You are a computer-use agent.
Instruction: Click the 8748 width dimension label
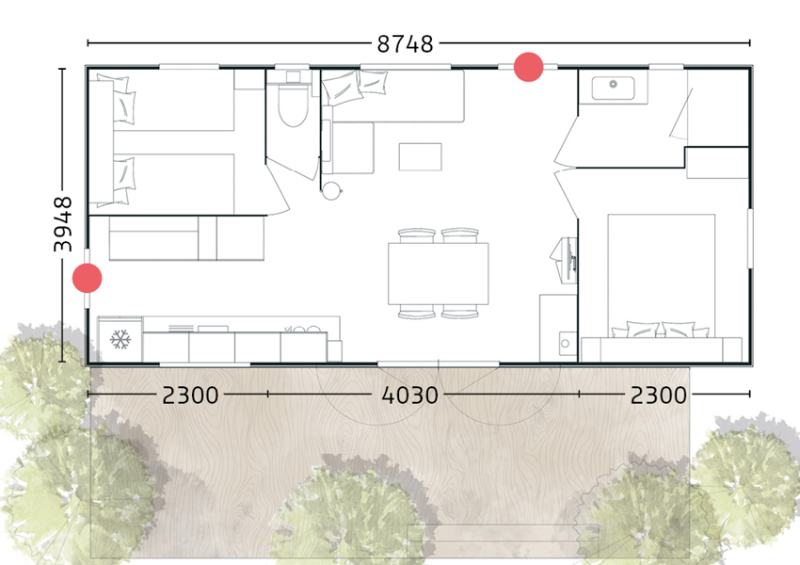click(x=405, y=43)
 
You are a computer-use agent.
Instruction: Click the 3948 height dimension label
click(x=63, y=223)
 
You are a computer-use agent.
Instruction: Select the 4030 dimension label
click(x=409, y=395)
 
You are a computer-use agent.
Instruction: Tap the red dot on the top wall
click(x=528, y=67)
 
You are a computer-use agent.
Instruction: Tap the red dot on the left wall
click(x=88, y=278)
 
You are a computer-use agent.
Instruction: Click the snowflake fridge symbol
click(x=120, y=340)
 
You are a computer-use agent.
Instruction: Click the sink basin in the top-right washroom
click(x=614, y=88)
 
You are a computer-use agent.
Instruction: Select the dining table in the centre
click(x=439, y=273)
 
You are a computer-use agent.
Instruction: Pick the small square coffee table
click(x=420, y=156)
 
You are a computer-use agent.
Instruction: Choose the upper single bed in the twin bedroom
click(x=174, y=104)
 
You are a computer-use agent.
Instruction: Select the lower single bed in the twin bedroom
click(x=174, y=182)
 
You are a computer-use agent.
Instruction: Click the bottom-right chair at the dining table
click(x=460, y=312)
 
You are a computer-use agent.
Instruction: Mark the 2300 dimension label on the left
click(x=190, y=395)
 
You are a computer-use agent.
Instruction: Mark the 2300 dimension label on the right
click(x=659, y=395)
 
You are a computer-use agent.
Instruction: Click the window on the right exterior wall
click(x=750, y=237)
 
